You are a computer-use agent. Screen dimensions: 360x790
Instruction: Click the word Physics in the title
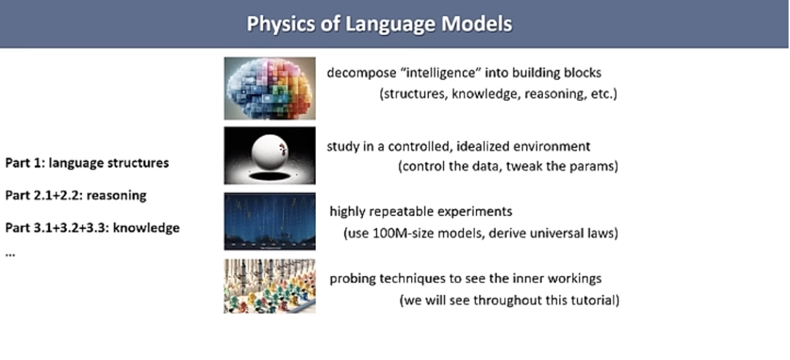[277, 24]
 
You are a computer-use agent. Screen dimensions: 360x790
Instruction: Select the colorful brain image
[269, 88]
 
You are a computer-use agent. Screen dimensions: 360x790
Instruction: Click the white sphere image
[269, 154]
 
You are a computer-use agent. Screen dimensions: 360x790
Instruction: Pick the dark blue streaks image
[269, 221]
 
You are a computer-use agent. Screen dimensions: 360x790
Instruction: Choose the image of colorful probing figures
[269, 286]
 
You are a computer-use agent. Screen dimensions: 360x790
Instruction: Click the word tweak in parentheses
[536, 166]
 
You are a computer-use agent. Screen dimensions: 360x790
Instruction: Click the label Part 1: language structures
[87, 162]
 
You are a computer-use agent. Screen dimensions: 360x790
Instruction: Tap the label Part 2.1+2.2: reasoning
[76, 195]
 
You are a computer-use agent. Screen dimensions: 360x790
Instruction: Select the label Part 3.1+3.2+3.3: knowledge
[92, 228]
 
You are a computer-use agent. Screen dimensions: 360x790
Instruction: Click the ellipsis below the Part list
[10, 252]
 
